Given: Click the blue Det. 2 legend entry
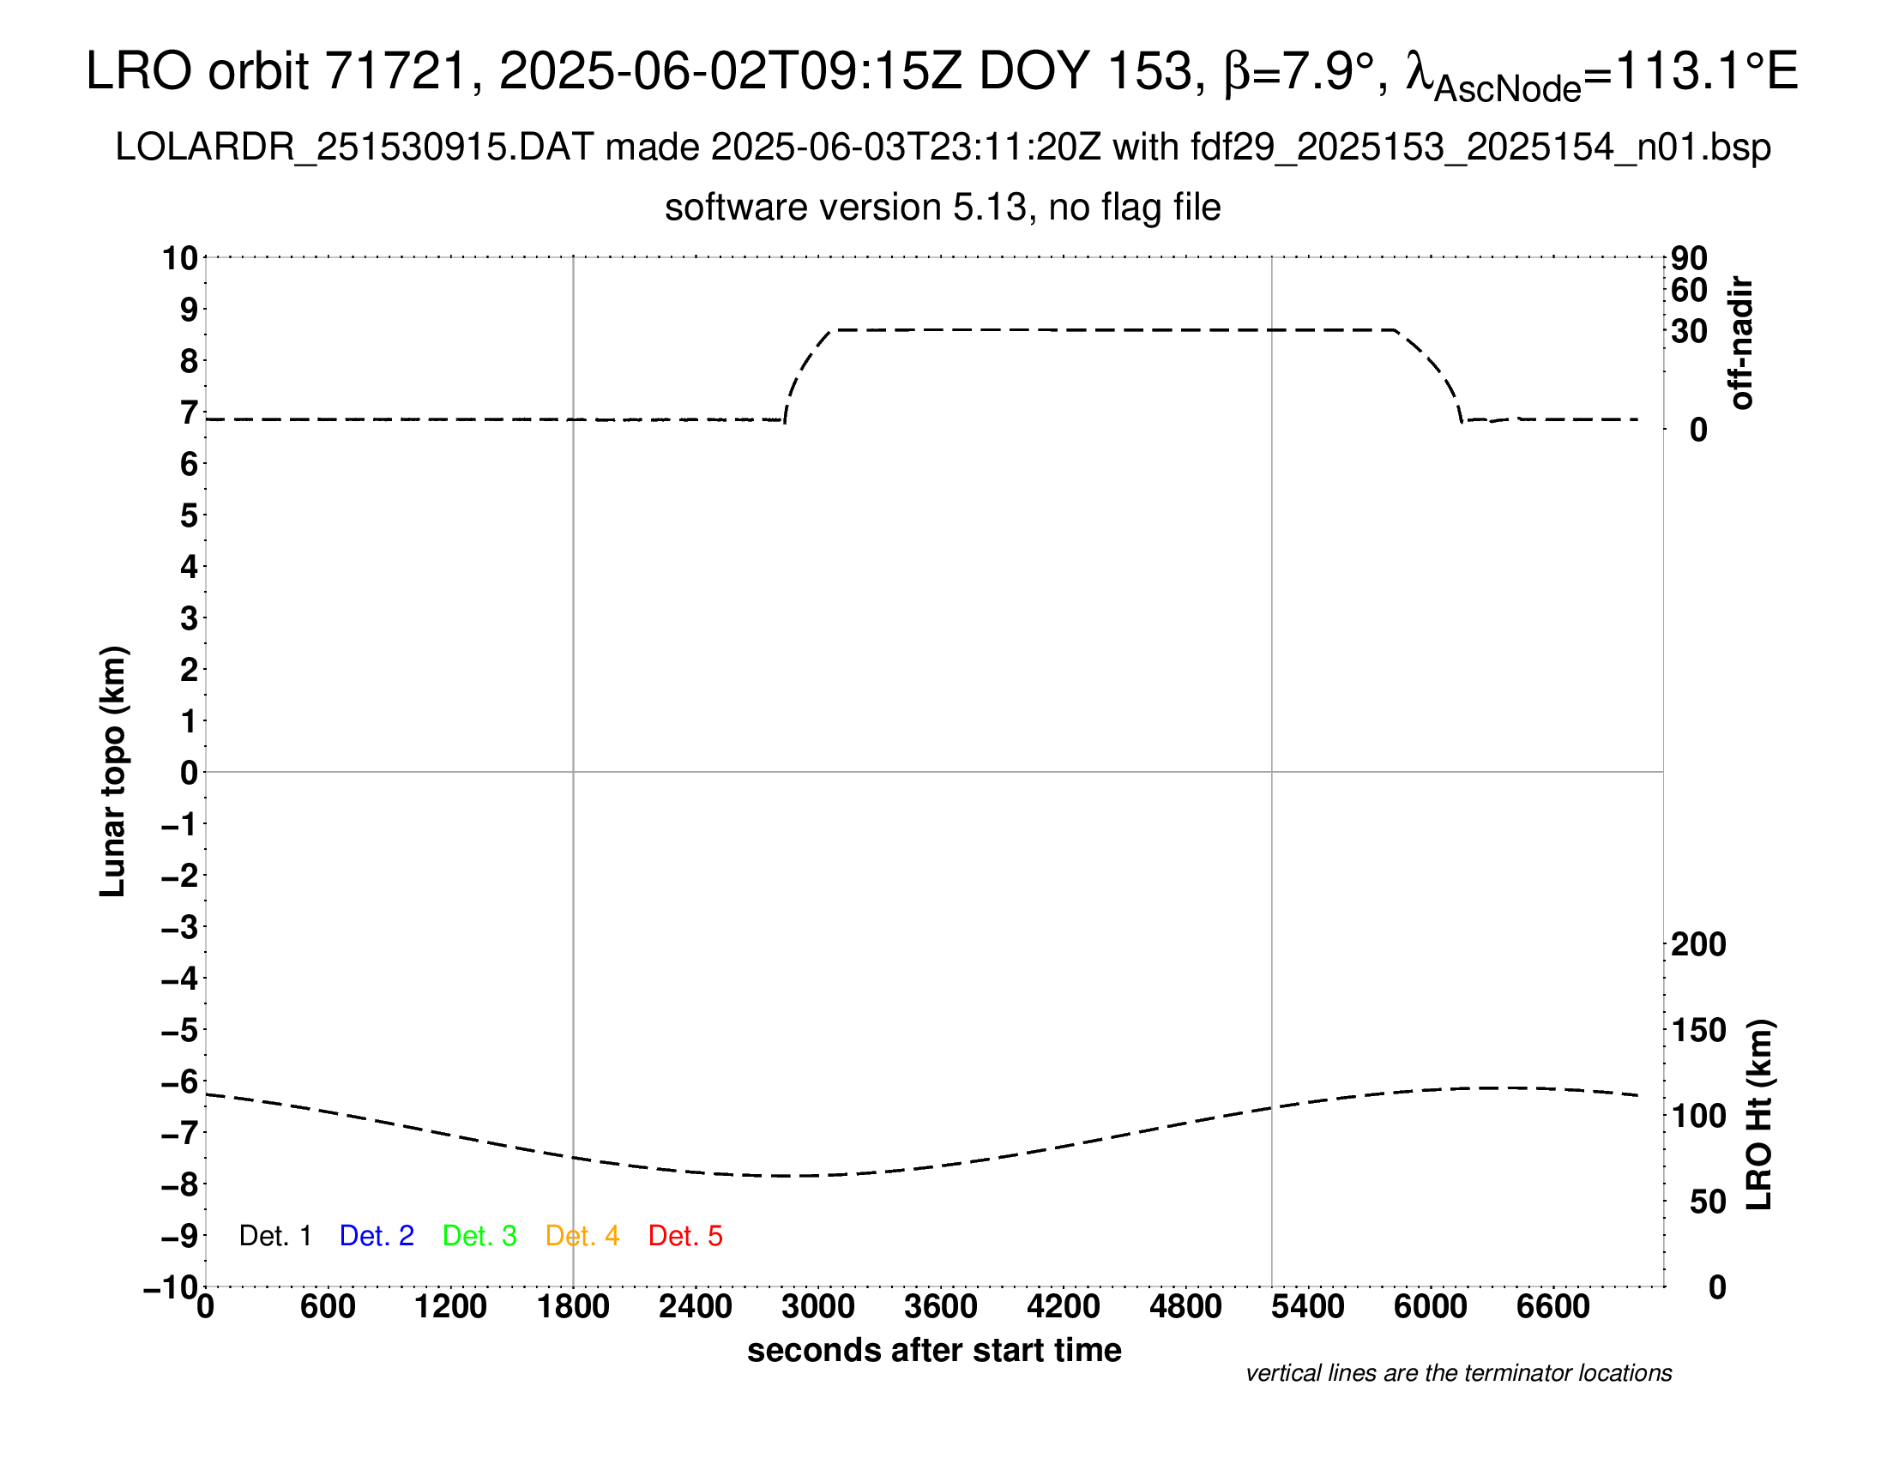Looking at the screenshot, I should (x=377, y=1236).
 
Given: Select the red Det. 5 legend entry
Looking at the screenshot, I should (x=685, y=1236).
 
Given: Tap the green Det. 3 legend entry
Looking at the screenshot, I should (x=479, y=1236).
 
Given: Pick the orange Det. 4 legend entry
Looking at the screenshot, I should (x=582, y=1236).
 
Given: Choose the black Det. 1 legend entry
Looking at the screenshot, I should (x=274, y=1236).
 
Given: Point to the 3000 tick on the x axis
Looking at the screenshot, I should (x=818, y=1306).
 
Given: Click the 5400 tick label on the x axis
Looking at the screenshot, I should (x=1308, y=1306).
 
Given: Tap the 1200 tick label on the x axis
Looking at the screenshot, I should (x=450, y=1306).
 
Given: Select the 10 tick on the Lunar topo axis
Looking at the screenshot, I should (x=181, y=257).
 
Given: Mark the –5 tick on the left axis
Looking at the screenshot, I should (x=181, y=1030).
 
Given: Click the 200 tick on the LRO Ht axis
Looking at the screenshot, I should (x=1698, y=944).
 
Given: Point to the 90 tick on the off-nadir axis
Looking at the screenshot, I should (x=1689, y=257).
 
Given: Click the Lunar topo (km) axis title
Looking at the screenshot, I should (x=113, y=771).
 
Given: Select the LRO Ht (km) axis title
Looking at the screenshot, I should (x=1759, y=1115).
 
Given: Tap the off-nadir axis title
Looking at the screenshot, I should (x=1742, y=343).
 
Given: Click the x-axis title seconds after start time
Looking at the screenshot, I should (x=934, y=1350).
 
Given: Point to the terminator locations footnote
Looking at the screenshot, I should (x=1458, y=1373).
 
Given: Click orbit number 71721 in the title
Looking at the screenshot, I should (x=395, y=71).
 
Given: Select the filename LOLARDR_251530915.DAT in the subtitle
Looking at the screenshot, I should (x=354, y=148).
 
